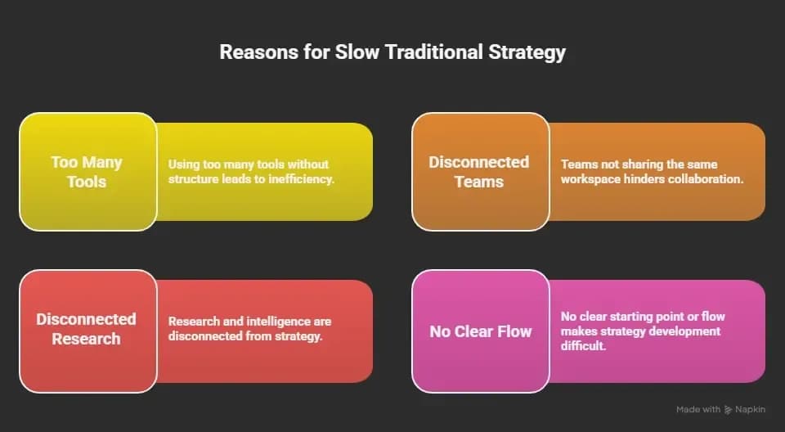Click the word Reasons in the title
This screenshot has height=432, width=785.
258,52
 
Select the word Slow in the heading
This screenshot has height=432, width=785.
357,52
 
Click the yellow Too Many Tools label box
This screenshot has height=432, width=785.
88,171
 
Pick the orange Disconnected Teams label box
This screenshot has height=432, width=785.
481,171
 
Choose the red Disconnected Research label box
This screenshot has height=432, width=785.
88,331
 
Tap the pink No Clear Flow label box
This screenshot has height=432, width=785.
481,331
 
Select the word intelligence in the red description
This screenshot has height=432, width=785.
269,322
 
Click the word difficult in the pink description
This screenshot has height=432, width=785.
583,346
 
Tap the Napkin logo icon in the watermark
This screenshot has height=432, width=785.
728,410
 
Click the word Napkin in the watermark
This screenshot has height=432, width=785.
750,410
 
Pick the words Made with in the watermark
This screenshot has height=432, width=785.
698,410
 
